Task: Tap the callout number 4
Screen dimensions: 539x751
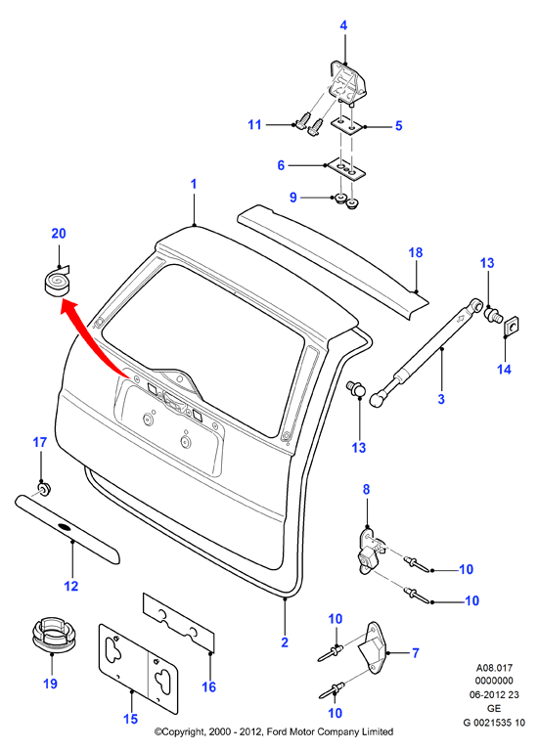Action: tap(343, 25)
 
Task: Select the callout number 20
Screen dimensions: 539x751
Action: tap(59, 234)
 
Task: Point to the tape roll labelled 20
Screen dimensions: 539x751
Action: tap(56, 282)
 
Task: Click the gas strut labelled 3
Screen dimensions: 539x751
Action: tap(427, 352)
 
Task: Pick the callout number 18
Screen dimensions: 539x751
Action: tap(416, 252)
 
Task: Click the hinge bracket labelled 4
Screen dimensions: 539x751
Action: tap(348, 82)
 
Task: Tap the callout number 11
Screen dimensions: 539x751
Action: tap(254, 124)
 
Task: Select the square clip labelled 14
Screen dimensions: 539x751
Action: tap(513, 326)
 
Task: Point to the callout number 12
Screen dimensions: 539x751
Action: tap(70, 586)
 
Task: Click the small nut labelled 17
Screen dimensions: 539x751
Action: tap(44, 490)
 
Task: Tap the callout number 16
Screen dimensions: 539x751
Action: tap(209, 686)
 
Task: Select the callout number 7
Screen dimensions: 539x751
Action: tap(416, 653)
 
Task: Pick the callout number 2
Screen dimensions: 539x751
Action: tap(285, 642)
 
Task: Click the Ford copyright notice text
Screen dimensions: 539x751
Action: tap(274, 731)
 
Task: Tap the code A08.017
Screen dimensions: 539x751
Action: tap(494, 667)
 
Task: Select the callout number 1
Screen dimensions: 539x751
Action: tap(194, 184)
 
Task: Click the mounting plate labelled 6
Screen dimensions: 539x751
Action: tap(345, 170)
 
